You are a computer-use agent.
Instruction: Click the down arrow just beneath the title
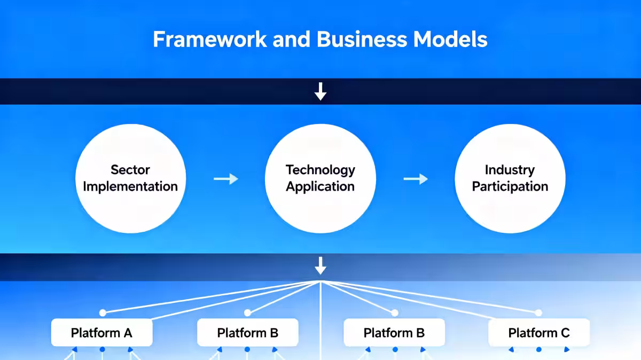(x=320, y=92)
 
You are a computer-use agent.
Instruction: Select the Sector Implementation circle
(x=130, y=178)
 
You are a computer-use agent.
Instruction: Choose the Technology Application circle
(x=320, y=178)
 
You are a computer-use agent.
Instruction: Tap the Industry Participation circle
(x=510, y=178)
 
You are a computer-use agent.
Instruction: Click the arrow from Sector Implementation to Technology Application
(x=225, y=179)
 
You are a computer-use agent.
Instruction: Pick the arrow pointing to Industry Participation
(x=415, y=179)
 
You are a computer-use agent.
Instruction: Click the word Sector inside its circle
(x=130, y=170)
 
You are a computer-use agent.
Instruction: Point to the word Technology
(x=320, y=170)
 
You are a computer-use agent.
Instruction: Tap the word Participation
(x=510, y=186)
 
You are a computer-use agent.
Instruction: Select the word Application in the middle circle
(x=320, y=186)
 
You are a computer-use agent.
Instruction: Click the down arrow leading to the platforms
(x=320, y=265)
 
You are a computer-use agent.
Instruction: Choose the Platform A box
(x=101, y=333)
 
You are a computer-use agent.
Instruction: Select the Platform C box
(x=539, y=333)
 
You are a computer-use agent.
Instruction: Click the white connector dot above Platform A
(x=103, y=312)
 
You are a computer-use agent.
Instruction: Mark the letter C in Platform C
(x=565, y=333)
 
